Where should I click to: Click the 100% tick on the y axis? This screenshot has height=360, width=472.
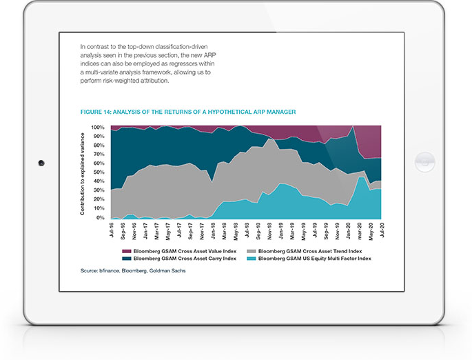[97, 128]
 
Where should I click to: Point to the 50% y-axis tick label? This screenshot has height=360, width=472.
[99, 173]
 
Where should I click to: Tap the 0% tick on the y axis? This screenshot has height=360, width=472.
[100, 218]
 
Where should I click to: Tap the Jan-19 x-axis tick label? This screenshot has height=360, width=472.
[280, 229]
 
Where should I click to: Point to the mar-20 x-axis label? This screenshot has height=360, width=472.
[359, 229]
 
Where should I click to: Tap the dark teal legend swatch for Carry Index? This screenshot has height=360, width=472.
[126, 259]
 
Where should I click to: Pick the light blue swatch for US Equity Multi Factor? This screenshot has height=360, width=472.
[253, 259]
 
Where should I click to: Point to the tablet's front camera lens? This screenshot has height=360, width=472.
[41, 163]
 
